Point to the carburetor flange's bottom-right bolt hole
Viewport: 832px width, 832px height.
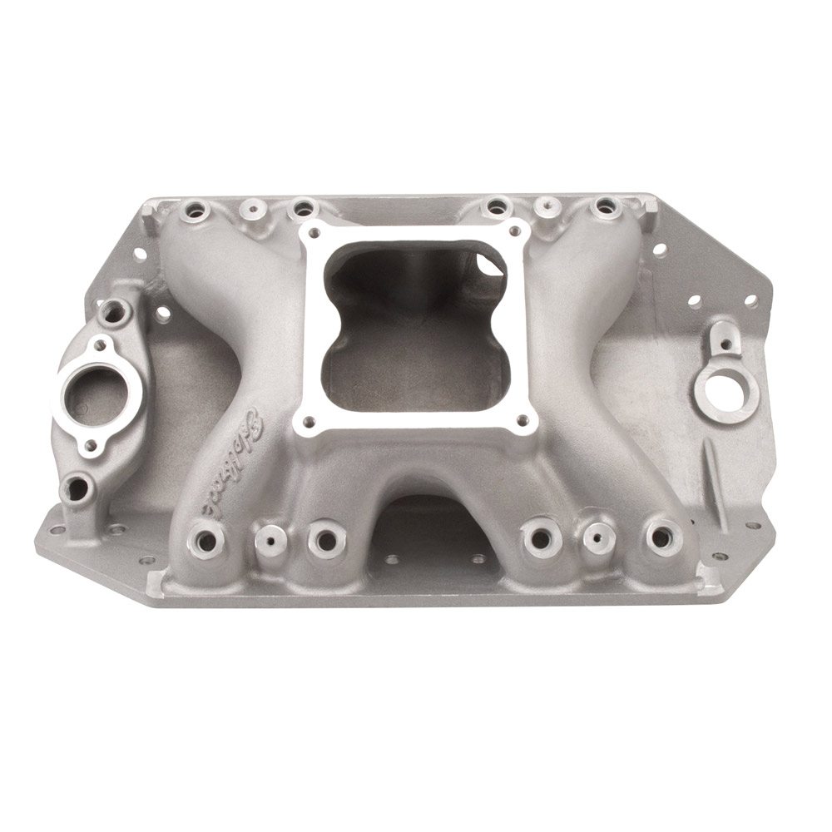click(x=522, y=421)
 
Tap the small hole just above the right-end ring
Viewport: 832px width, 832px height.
click(x=726, y=343)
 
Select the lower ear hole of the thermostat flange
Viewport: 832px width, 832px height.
click(x=89, y=444)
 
